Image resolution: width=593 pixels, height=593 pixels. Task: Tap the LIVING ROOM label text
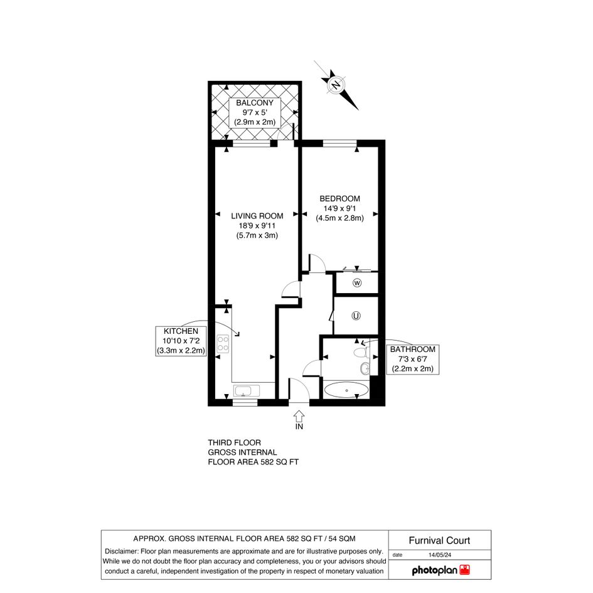point(257,216)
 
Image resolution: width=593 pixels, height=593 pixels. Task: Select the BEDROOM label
point(339,198)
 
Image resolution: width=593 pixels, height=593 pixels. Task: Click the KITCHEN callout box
point(181,341)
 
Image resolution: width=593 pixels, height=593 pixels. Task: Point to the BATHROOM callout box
point(413,360)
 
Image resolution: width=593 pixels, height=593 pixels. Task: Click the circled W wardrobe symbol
point(357,283)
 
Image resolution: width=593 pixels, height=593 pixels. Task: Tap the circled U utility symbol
point(356,316)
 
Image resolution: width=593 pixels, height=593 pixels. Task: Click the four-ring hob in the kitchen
point(223,344)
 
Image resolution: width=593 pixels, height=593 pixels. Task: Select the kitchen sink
point(247,391)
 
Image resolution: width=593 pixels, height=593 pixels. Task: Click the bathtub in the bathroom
point(346,390)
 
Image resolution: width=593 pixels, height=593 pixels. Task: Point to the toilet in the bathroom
point(361,353)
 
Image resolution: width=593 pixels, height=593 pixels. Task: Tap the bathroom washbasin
point(365,368)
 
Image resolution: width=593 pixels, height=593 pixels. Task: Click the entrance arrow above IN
point(299,416)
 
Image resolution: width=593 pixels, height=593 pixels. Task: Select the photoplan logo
point(441,570)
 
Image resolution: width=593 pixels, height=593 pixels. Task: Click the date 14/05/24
point(440,555)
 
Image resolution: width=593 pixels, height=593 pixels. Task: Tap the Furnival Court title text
point(439,540)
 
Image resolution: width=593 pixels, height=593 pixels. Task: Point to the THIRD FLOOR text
point(235,442)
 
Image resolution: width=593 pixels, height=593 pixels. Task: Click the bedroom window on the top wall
point(339,143)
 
